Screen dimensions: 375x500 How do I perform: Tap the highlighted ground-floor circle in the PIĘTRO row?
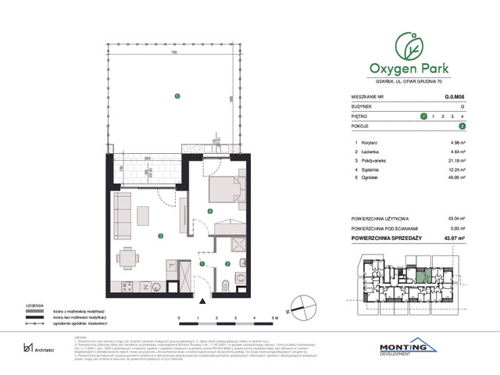(x=423, y=116)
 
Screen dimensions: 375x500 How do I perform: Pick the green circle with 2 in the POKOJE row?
(x=462, y=125)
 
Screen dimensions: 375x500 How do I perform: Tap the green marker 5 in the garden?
(x=177, y=96)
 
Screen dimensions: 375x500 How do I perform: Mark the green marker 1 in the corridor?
(x=202, y=264)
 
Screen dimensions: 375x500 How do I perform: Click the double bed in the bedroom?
(x=226, y=189)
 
